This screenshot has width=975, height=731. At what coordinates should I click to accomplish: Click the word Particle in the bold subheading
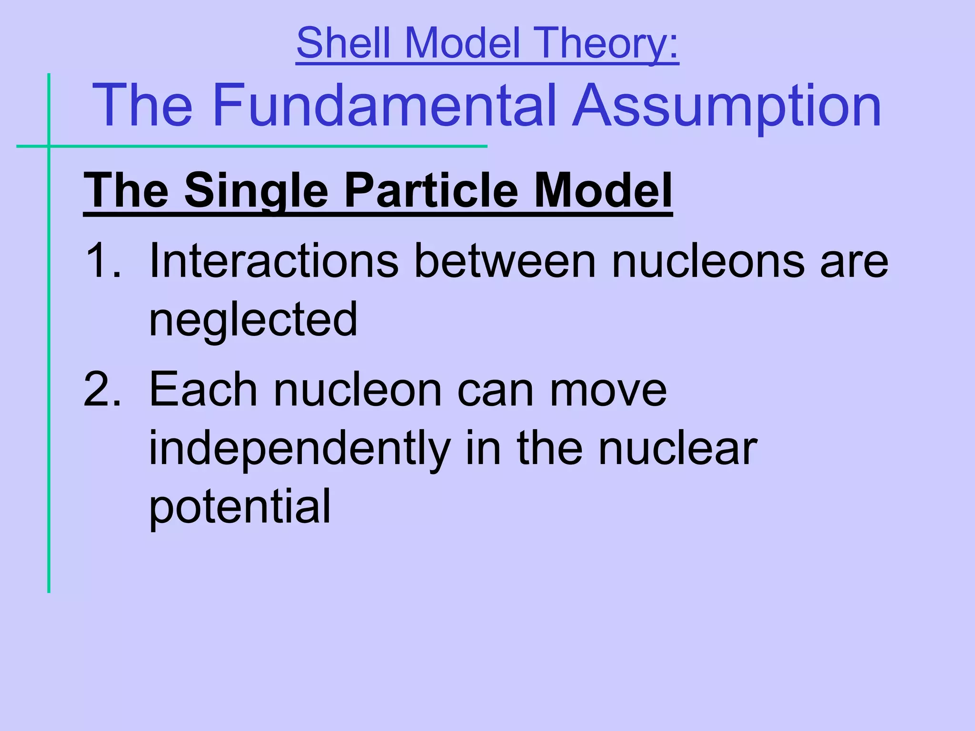[431, 190]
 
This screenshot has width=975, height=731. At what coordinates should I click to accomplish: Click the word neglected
[253, 320]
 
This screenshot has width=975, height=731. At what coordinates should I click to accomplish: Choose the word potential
[239, 507]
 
